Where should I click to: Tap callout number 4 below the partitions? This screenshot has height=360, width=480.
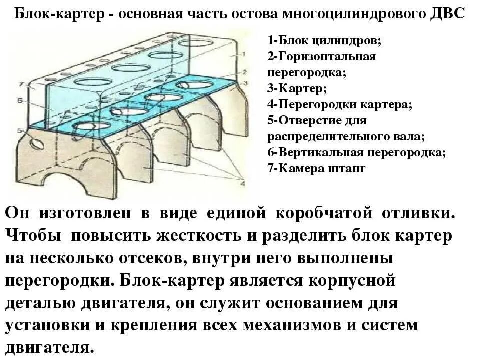[x=242, y=184]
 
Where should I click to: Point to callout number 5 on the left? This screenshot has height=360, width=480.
[x=19, y=131]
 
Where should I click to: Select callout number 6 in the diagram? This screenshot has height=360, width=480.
[x=19, y=101]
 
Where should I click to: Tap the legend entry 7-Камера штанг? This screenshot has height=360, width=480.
[x=317, y=168]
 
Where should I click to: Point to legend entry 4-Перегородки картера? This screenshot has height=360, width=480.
[x=340, y=105]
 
